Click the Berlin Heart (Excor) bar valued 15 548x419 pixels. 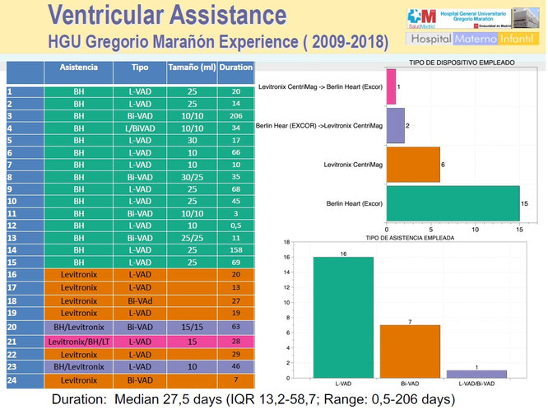[x=453, y=203]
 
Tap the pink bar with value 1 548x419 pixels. [x=391, y=86]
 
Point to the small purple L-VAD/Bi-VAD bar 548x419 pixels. [x=476, y=375]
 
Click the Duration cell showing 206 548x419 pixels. [x=236, y=116]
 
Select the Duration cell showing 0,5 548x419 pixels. [x=236, y=225]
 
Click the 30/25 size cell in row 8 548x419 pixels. [x=193, y=177]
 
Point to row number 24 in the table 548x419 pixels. [x=12, y=380]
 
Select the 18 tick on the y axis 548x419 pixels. [x=287, y=243]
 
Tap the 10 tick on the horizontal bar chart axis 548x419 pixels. [x=476, y=229]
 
